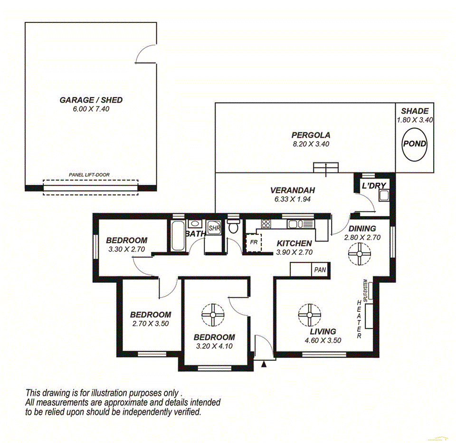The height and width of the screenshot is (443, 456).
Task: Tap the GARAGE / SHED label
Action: tap(91, 100)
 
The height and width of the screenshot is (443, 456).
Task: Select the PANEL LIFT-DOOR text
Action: tap(89, 175)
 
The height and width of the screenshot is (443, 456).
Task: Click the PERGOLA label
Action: tap(311, 135)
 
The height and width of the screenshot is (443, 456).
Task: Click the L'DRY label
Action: tap(374, 185)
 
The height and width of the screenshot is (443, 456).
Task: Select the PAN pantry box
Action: tap(320, 270)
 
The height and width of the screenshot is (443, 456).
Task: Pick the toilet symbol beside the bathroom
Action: tap(233, 226)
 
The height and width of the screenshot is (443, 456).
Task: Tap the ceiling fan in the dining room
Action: tap(360, 254)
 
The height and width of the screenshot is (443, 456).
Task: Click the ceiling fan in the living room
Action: tap(309, 314)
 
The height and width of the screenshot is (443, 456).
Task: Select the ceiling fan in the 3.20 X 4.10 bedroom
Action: tap(213, 314)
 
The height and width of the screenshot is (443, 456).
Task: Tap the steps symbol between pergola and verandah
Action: tap(326, 168)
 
